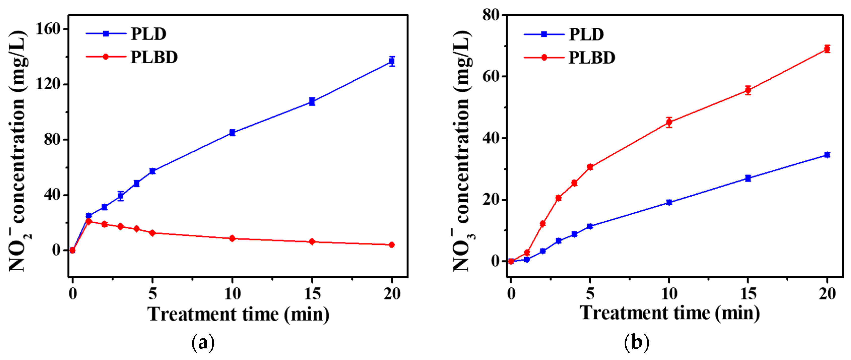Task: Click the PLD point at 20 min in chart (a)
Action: tap(392, 61)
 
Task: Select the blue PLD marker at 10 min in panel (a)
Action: tap(232, 132)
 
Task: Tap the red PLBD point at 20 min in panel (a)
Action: tap(392, 245)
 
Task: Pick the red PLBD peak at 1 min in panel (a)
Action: tap(89, 221)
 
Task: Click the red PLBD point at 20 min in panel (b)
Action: tap(827, 49)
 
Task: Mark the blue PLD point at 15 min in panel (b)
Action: tap(748, 178)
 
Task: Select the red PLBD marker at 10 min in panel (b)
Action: tap(669, 122)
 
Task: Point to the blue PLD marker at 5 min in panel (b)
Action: tap(590, 226)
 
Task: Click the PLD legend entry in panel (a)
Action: tap(148, 34)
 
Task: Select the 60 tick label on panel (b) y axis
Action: tap(491, 76)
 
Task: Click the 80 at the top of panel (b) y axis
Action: tap(491, 15)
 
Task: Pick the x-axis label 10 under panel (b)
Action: tap(669, 293)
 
